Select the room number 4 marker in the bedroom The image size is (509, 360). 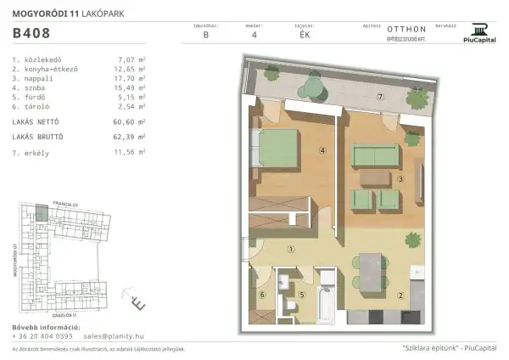pos(299,152)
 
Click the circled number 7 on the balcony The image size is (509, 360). pos(381,98)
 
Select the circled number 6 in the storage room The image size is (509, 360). pos(261,295)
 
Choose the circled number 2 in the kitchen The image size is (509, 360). pos(400,295)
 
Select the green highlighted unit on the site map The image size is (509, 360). pos(40,211)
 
